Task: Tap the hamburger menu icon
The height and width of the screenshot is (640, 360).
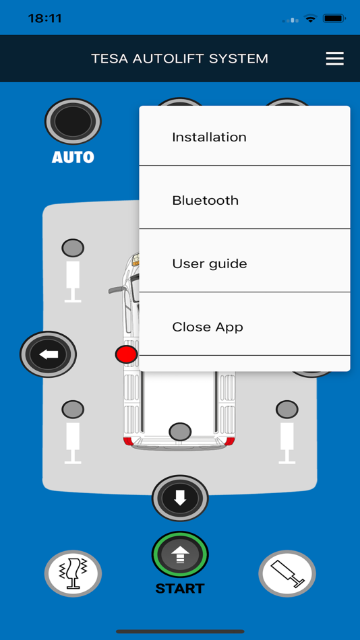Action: tap(334, 59)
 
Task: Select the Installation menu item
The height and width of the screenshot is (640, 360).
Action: tap(209, 137)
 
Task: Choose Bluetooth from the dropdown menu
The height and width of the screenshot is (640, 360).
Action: tap(205, 200)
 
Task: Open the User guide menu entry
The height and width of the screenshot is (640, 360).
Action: tap(209, 263)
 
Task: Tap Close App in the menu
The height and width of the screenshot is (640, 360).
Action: tap(207, 327)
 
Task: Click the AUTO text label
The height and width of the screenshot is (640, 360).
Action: tap(73, 158)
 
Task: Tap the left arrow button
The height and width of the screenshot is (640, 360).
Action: tap(49, 354)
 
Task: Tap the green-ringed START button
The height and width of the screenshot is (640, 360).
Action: tap(180, 554)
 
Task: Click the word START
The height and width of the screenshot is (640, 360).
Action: tap(179, 589)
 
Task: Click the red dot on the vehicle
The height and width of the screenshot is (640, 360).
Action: tap(126, 354)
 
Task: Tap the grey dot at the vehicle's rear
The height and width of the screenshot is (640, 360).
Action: tap(180, 431)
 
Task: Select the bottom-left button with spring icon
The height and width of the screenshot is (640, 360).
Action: tap(73, 574)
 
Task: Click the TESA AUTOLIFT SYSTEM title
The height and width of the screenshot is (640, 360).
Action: tap(179, 59)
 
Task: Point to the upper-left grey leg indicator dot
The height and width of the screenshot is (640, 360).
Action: tap(73, 248)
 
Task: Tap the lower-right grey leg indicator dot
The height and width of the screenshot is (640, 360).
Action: tap(287, 409)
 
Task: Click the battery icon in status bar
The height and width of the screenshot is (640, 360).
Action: tap(334, 19)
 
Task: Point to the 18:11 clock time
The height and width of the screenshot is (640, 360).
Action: tap(45, 19)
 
